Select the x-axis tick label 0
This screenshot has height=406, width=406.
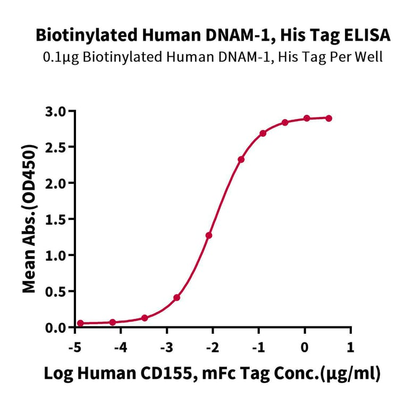click(x=304, y=348)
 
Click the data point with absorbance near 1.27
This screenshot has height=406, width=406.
click(x=209, y=235)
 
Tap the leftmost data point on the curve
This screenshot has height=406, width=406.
click(x=80, y=323)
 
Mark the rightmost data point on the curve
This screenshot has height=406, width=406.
click(x=329, y=118)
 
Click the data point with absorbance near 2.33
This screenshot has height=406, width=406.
click(x=241, y=159)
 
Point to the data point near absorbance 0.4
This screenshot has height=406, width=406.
click(x=176, y=298)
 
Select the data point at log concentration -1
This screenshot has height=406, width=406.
click(x=263, y=133)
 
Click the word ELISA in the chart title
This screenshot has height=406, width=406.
click(x=366, y=36)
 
